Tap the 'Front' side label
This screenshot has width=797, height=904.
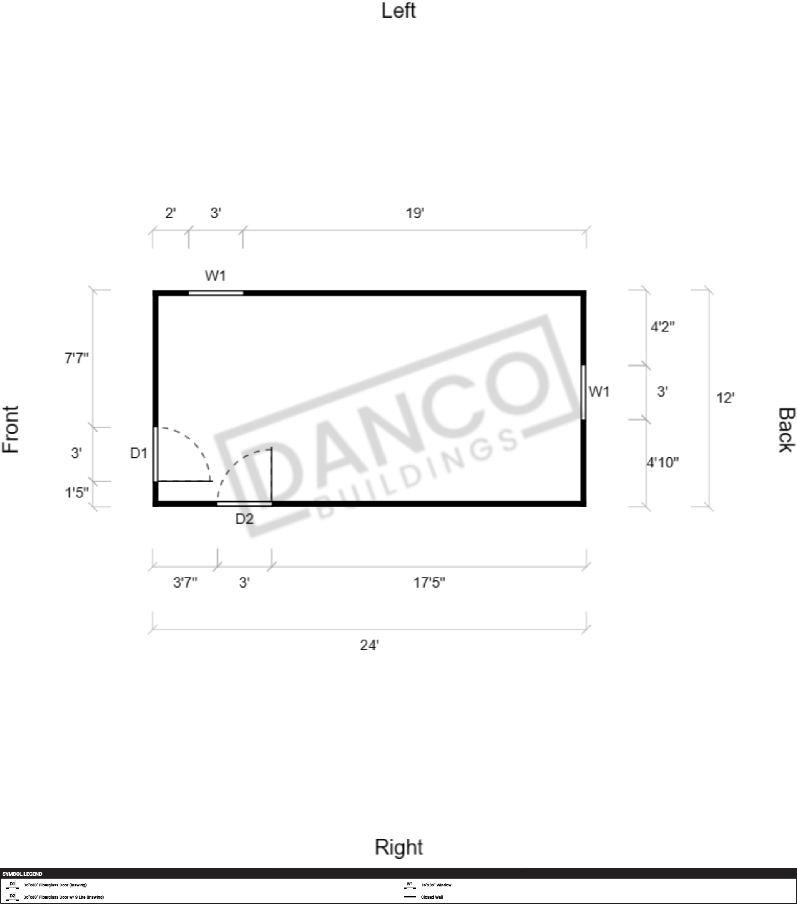tap(10, 429)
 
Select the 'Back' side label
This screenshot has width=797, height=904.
tap(787, 430)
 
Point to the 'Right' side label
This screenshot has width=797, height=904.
tap(399, 847)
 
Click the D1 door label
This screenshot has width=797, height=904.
tap(138, 453)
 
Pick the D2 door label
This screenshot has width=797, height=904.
tap(244, 518)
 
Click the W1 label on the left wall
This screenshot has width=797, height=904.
tap(215, 276)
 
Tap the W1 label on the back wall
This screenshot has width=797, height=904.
tap(599, 392)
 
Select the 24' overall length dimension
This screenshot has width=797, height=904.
tap(370, 645)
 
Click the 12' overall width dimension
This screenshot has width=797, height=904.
tap(725, 398)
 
